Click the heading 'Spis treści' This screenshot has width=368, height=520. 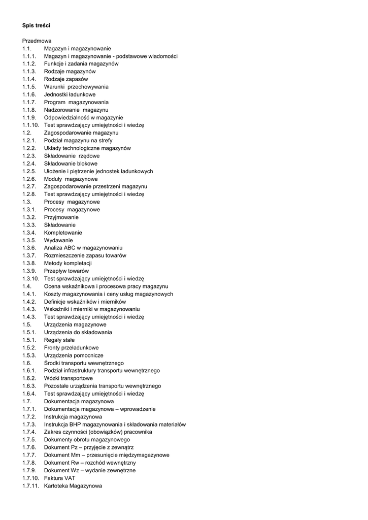(x=36, y=25)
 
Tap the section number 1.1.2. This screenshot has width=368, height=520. (x=29, y=64)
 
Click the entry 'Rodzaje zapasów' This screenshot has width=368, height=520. (x=66, y=79)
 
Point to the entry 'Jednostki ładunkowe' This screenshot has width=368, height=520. (x=70, y=94)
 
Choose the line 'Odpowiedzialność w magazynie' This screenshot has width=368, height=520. (x=83, y=117)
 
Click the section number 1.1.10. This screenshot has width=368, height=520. (x=30, y=125)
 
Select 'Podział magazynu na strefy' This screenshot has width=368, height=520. (x=78, y=141)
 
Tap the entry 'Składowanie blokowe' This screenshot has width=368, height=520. (x=71, y=164)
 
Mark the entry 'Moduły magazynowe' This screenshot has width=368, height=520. (x=71, y=179)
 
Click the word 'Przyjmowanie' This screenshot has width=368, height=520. (x=61, y=217)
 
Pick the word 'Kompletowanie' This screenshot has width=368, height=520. (x=63, y=233)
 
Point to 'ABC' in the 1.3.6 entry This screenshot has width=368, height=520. (x=70, y=248)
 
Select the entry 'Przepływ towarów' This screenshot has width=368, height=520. (x=66, y=271)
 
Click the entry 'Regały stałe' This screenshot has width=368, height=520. (x=59, y=340)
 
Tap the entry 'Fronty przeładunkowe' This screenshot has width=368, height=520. (x=72, y=348)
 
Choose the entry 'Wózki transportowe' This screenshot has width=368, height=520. (x=69, y=378)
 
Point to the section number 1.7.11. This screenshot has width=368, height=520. (x=30, y=486)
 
